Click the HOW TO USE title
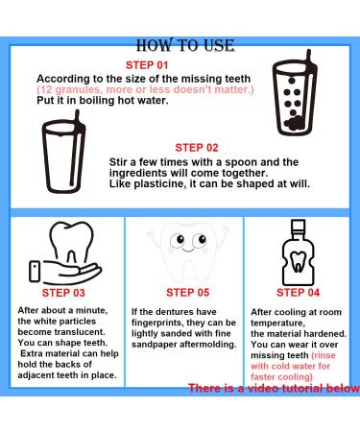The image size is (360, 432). [x=180, y=43]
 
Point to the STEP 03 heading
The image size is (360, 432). [x=62, y=292]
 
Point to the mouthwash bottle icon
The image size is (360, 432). [x=300, y=250]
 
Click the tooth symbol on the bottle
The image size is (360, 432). [x=300, y=259]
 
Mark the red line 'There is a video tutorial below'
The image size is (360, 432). [x=273, y=389]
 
